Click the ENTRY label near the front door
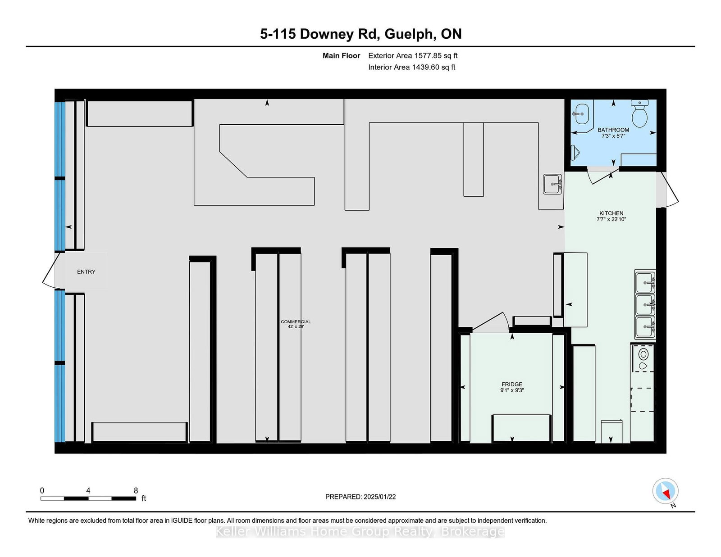[86, 272]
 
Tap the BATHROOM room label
[613, 130]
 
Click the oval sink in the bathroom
[582, 114]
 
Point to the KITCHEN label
[611, 213]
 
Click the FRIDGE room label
[511, 384]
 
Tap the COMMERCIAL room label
[296, 322]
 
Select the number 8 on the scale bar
[136, 490]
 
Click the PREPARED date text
[360, 497]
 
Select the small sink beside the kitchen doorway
[552, 184]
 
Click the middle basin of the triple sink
[645, 304]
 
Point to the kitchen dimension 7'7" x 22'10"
[611, 219]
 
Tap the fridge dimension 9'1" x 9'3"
[512, 390]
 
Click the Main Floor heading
[341, 56]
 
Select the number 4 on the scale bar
[88, 490]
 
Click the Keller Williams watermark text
[360, 531]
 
